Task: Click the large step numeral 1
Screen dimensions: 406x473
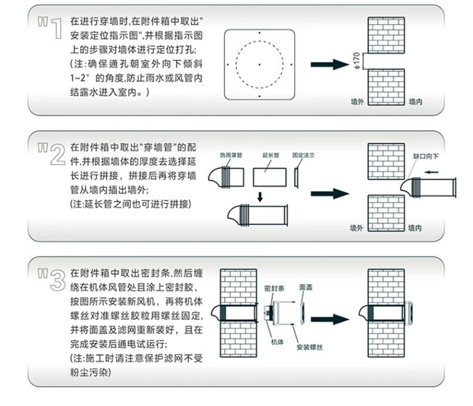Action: pyautogui.click(x=53, y=28)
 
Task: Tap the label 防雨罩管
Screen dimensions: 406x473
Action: pyautogui.click(x=231, y=154)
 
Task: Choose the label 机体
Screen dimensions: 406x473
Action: pyautogui.click(x=276, y=342)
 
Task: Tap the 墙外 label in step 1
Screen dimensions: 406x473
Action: pyautogui.click(x=357, y=102)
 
